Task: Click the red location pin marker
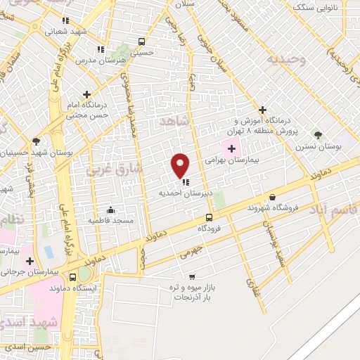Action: click(x=181, y=165)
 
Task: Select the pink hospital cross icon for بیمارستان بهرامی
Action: click(x=231, y=148)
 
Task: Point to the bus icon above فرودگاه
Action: click(x=209, y=217)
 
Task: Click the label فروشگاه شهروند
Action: click(x=274, y=208)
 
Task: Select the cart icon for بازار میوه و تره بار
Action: click(x=192, y=276)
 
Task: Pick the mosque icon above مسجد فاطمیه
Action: click(x=110, y=210)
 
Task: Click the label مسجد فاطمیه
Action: click(x=110, y=220)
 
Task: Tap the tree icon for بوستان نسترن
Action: click(x=318, y=134)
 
